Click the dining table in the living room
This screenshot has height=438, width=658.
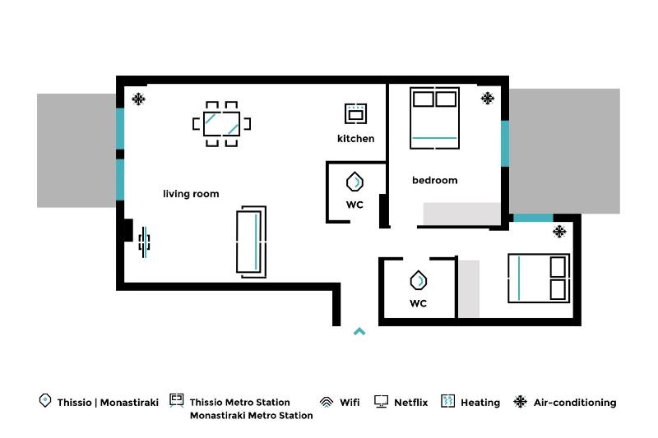(x=221, y=124)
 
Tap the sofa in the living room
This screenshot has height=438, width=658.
(x=251, y=240)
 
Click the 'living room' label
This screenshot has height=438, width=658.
(x=191, y=194)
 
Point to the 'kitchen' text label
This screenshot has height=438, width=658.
(x=355, y=138)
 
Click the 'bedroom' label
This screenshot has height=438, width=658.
(x=434, y=180)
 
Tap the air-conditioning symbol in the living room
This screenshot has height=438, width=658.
(x=138, y=99)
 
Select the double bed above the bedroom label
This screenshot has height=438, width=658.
(x=434, y=118)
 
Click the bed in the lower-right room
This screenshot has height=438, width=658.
(x=539, y=278)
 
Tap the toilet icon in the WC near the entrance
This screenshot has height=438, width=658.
(x=419, y=281)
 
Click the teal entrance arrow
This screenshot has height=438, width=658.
(x=359, y=332)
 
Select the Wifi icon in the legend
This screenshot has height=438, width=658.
(x=327, y=402)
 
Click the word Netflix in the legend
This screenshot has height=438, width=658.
(x=410, y=403)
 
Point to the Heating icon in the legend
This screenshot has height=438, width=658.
(x=447, y=402)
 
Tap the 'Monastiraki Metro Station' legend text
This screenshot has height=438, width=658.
(x=251, y=416)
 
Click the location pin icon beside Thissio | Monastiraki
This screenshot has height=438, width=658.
(x=45, y=401)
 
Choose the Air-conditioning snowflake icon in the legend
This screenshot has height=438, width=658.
(x=520, y=402)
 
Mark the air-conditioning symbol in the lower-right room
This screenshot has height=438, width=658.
(x=559, y=232)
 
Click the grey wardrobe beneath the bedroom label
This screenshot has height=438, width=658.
(x=461, y=213)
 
